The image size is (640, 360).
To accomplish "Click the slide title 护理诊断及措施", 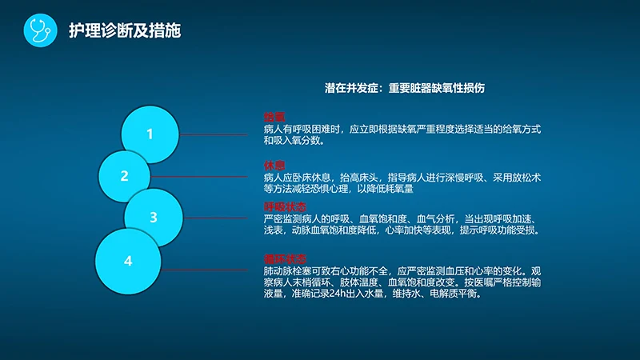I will (x=124, y=30).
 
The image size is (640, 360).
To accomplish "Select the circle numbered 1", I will (x=150, y=134).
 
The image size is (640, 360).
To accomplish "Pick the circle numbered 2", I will (x=125, y=176).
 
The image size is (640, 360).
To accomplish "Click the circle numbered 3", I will (x=153, y=217).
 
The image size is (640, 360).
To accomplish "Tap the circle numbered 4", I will (x=128, y=261).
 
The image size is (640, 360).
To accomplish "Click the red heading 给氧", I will (x=274, y=117).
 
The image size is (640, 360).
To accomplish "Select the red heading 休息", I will (x=274, y=164).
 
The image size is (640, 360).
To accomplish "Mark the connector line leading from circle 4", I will (x=208, y=271).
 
